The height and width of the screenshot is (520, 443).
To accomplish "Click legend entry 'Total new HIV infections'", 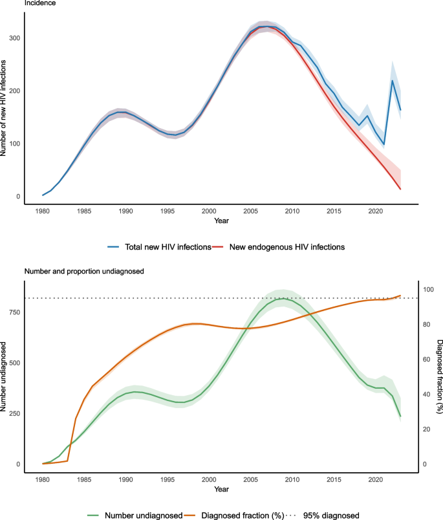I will (168, 246).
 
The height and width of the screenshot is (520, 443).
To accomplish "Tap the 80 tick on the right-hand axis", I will (425, 325).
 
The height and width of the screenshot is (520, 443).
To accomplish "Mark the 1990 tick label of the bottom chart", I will (125, 480).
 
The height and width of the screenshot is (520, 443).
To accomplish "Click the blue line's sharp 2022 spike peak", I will (393, 80).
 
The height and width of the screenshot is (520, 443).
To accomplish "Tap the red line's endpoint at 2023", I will (400, 189).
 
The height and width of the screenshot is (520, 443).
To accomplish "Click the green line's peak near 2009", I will (282, 299).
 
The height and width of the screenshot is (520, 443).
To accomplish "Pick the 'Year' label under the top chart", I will (221, 220).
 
